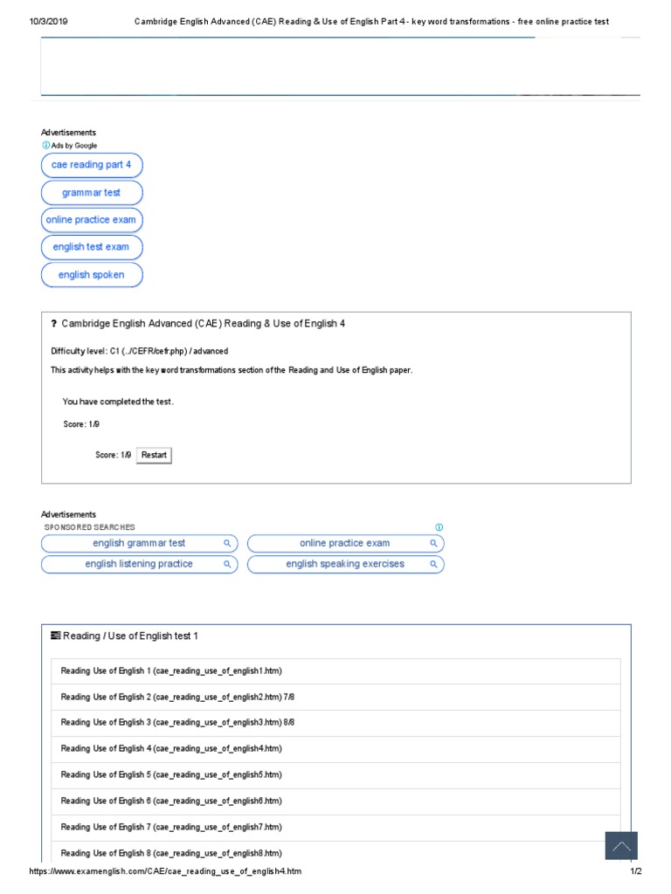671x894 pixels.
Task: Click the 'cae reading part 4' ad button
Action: pyautogui.click(x=92, y=165)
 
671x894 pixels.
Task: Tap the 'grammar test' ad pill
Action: pyautogui.click(x=92, y=193)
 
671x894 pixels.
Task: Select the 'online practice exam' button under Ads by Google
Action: pyautogui.click(x=92, y=220)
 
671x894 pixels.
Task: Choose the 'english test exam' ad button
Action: pyautogui.click(x=92, y=247)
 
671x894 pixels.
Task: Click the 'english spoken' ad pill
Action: pyautogui.click(x=92, y=275)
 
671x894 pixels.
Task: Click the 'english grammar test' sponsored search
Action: pyautogui.click(x=139, y=543)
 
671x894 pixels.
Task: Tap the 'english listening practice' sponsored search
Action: pyautogui.click(x=139, y=564)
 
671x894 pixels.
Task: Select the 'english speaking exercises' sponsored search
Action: pyautogui.click(x=345, y=564)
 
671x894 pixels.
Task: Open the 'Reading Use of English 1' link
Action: pyautogui.click(x=171, y=670)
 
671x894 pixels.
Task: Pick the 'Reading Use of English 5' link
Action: pyautogui.click(x=171, y=774)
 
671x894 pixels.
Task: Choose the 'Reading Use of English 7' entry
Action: pyautogui.click(x=171, y=827)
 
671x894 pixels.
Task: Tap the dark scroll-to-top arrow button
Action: pyautogui.click(x=621, y=846)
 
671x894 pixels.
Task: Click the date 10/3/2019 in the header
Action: pyautogui.click(x=47, y=21)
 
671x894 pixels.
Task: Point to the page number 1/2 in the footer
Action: pyautogui.click(x=636, y=871)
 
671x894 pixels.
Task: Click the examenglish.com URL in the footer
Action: pyautogui.click(x=165, y=871)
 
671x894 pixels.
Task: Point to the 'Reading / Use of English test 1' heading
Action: pyautogui.click(x=131, y=636)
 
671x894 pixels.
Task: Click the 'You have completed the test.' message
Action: pyautogui.click(x=118, y=402)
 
